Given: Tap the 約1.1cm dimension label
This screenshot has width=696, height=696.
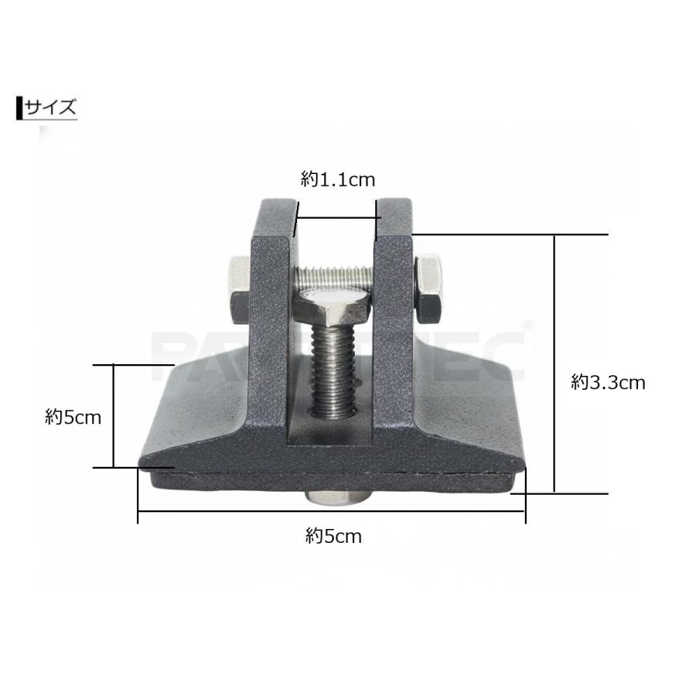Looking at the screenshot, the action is tap(338, 179).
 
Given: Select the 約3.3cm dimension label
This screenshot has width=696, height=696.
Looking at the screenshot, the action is tap(608, 383).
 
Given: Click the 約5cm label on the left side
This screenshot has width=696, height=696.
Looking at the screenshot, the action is tap(73, 418).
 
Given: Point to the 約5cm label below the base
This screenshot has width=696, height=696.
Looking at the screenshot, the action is tap(333, 536).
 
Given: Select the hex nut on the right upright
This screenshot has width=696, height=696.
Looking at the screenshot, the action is tap(428, 289).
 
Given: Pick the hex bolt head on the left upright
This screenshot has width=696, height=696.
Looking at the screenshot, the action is tap(239, 289).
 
